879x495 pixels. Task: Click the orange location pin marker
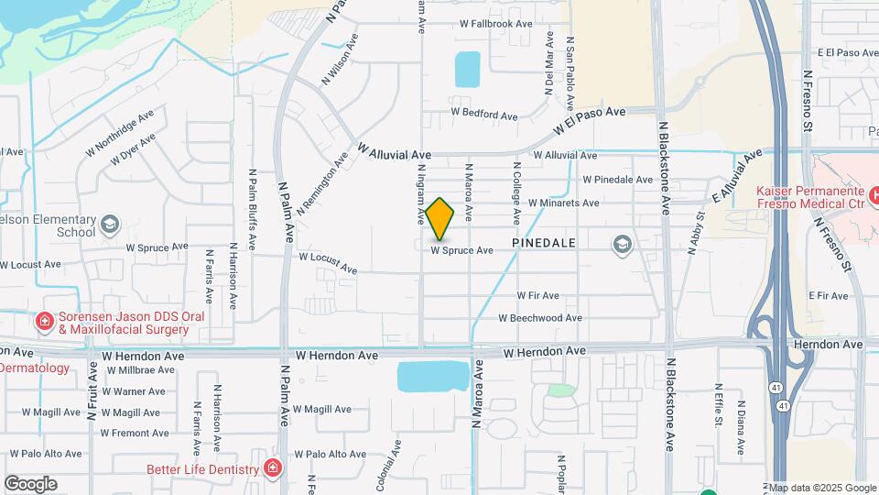point(439,219)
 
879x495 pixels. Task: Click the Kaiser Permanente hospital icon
point(874,194)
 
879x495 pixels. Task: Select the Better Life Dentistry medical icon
point(272,469)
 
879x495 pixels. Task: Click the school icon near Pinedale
point(624,245)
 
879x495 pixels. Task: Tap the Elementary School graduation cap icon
point(110,225)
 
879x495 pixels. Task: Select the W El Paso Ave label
point(590,121)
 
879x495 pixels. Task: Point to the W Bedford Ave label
point(483,115)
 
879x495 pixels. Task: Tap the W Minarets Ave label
point(563,203)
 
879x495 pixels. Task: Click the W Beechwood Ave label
point(540,318)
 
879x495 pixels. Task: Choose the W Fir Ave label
point(537,296)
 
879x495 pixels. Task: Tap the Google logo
point(30,484)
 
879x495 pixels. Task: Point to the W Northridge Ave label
point(119,134)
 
